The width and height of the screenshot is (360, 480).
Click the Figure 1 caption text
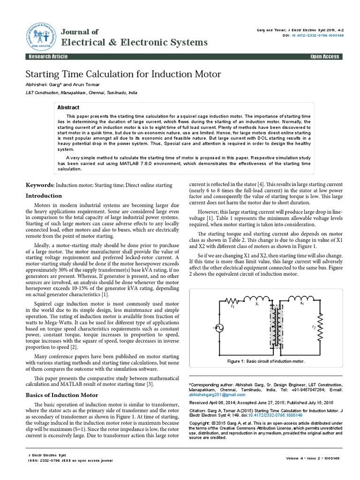(x=266, y=361)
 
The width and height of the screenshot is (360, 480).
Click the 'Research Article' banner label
(x=48, y=57)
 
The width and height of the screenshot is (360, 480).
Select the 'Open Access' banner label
(x=324, y=57)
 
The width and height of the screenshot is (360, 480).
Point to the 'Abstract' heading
(x=68, y=107)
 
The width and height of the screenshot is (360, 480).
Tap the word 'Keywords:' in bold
(x=40, y=186)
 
